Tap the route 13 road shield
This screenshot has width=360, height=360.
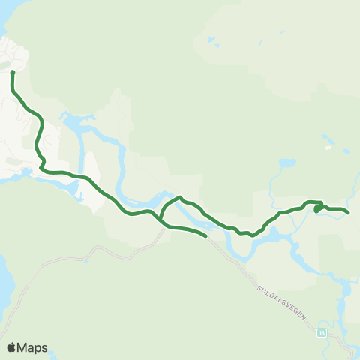click(x=322, y=332)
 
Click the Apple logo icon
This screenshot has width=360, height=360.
click(x=11, y=347)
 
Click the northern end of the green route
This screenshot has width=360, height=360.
click(x=13, y=72)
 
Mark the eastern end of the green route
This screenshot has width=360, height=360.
click(x=349, y=213)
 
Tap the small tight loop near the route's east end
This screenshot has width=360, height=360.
click(x=319, y=208)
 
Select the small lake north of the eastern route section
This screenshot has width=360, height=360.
click(x=287, y=163)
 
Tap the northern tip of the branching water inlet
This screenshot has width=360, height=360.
click(x=66, y=116)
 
